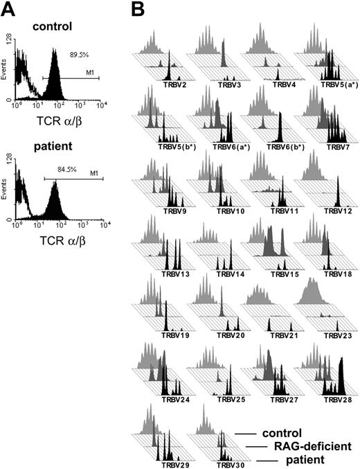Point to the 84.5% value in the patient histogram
[x=73, y=165]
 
